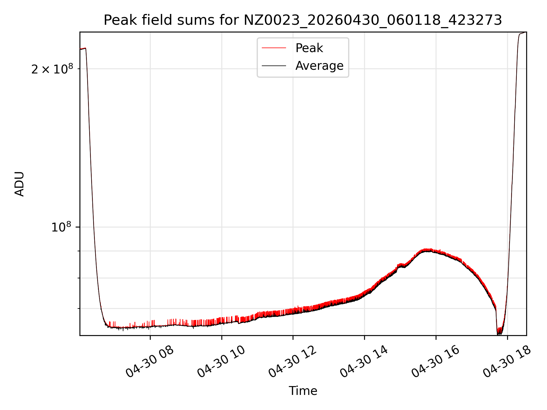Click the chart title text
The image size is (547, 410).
[303, 20]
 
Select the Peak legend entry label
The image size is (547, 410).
[309, 48]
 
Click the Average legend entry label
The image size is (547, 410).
[319, 66]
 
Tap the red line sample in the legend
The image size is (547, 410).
[274, 48]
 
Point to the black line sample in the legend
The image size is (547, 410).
[274, 66]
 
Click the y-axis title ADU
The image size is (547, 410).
[19, 184]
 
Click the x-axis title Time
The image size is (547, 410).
[303, 391]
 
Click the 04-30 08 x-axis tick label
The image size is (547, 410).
[150, 362]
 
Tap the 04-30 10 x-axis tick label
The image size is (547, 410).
[221, 362]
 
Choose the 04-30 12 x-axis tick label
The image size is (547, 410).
[293, 362]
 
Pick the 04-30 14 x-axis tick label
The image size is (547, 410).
[364, 362]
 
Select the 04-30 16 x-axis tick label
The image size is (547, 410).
[435, 362]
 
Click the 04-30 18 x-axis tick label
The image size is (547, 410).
[507, 362]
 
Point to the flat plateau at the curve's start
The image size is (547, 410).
[83, 49]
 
